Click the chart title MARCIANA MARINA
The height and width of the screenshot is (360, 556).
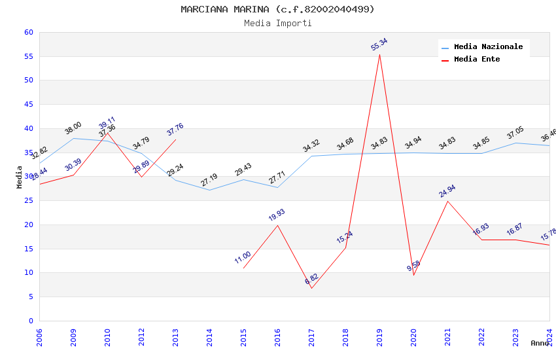tap(277, 9)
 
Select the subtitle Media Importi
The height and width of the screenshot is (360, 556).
tap(277, 23)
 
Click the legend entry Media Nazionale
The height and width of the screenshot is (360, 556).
tap(488, 47)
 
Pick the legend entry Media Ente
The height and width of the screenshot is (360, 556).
tap(477, 60)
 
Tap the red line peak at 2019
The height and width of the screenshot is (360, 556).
tap(379, 54)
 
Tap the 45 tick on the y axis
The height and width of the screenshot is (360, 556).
tap(28, 105)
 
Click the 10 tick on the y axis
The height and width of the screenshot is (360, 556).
tap(28, 273)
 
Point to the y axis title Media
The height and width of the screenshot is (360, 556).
tap(20, 177)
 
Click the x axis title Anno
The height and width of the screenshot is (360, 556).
tap(540, 343)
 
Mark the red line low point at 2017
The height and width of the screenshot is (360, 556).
tap(311, 288)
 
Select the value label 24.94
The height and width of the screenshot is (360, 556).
tap(447, 191)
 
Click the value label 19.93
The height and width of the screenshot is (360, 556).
tap(277, 215)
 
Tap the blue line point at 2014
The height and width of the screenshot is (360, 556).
tap(209, 190)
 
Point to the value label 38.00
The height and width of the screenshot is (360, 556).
tap(73, 128)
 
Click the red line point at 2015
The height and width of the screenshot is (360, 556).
tap(243, 268)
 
